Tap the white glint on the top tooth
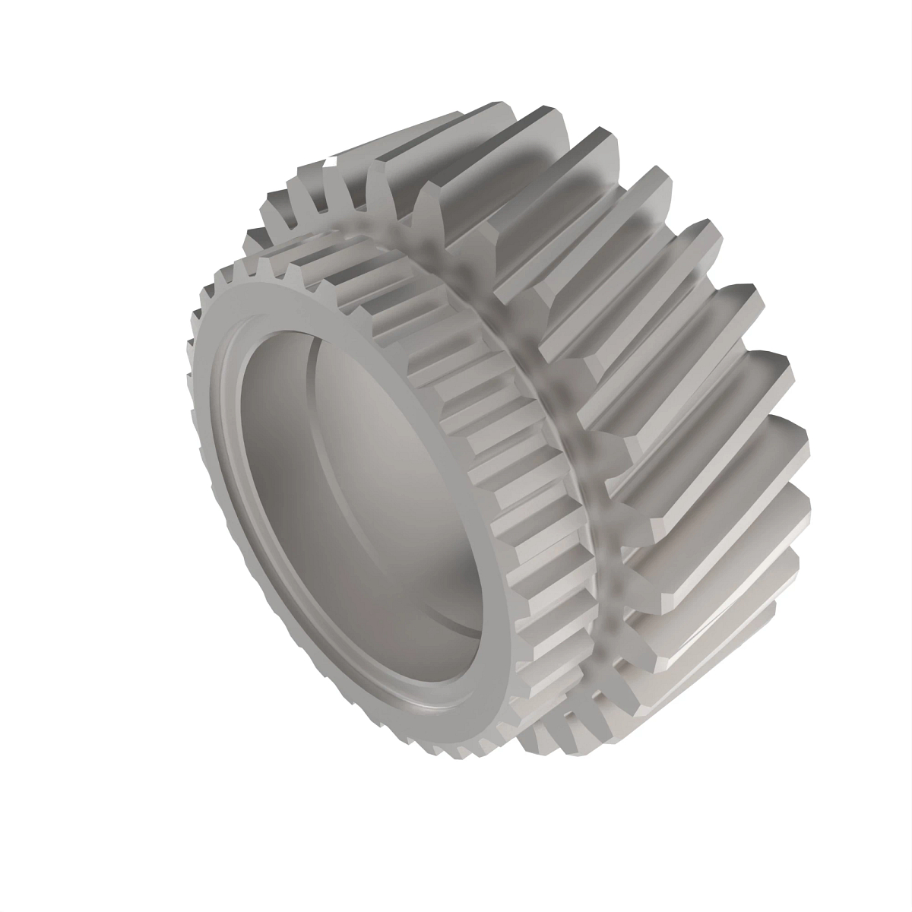331,162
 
